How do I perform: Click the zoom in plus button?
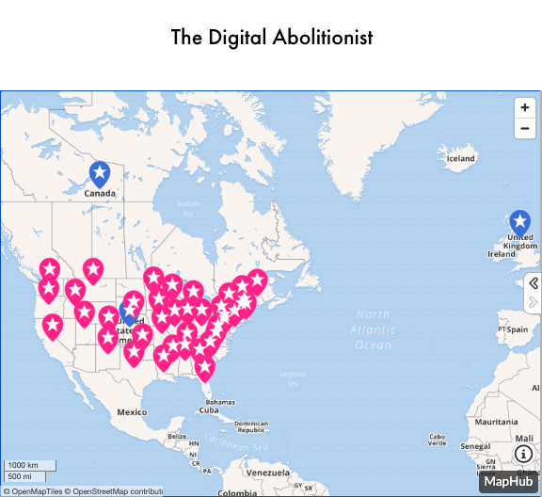525,108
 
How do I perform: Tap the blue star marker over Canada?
100,173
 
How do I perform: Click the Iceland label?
460,158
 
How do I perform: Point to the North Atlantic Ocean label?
373,329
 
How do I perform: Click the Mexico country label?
132,412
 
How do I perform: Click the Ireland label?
502,254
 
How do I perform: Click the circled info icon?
523,454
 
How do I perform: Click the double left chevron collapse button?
534,283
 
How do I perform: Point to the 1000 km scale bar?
29,466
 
